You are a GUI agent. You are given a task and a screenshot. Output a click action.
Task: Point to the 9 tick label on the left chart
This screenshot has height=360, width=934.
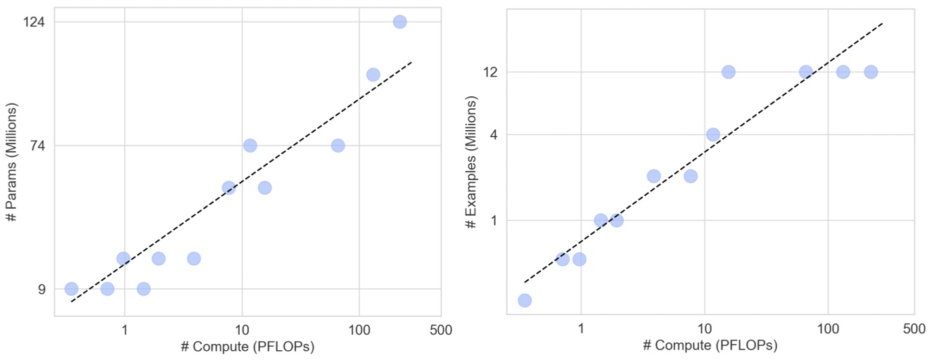41,289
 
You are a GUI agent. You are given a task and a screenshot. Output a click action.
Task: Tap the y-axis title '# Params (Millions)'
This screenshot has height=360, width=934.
11,162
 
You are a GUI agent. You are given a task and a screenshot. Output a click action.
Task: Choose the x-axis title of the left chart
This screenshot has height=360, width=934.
247,347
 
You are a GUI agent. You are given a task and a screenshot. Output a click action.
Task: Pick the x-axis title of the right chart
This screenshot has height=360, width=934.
710,346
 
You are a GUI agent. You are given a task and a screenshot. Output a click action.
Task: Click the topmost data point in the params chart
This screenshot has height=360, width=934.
399,22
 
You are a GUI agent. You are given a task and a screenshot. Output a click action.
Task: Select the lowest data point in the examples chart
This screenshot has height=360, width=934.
524,300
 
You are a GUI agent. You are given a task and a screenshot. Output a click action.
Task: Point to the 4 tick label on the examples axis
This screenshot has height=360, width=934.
494,134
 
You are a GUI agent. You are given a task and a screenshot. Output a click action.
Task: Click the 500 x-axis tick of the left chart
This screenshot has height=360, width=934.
441,329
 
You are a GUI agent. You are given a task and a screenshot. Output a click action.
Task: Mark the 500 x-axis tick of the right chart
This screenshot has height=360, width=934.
914,329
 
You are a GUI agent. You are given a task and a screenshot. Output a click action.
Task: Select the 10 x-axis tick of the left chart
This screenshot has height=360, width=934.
242,329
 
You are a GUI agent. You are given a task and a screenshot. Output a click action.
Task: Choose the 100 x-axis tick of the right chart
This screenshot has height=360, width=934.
828,329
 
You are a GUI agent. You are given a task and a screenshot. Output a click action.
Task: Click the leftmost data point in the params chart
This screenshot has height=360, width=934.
71,289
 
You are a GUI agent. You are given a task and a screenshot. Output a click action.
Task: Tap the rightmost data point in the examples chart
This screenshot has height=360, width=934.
871,72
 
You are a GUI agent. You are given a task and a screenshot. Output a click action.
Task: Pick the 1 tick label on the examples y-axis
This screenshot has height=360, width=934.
494,220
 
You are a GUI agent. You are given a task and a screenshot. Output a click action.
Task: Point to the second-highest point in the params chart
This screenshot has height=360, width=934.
373,75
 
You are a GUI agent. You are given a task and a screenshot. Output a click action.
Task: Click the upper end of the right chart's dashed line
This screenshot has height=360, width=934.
882,23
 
